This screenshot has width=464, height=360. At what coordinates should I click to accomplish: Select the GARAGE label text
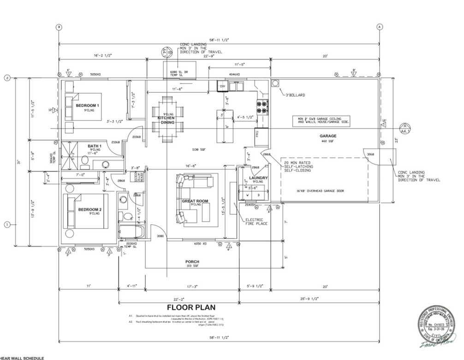point(328,136)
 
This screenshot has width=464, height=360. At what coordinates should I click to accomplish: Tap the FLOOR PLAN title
point(190,307)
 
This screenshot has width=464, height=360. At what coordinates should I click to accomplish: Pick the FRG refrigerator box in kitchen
point(258,134)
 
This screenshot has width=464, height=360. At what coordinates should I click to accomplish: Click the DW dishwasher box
point(222,86)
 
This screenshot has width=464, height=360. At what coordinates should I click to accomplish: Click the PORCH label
point(192,262)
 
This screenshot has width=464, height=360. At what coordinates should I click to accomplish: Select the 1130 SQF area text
point(199,150)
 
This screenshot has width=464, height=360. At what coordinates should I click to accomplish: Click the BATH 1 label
point(94,146)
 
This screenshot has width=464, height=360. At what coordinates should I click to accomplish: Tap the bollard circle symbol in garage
point(275,83)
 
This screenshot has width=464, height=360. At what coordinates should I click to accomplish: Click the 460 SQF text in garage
point(328,141)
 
